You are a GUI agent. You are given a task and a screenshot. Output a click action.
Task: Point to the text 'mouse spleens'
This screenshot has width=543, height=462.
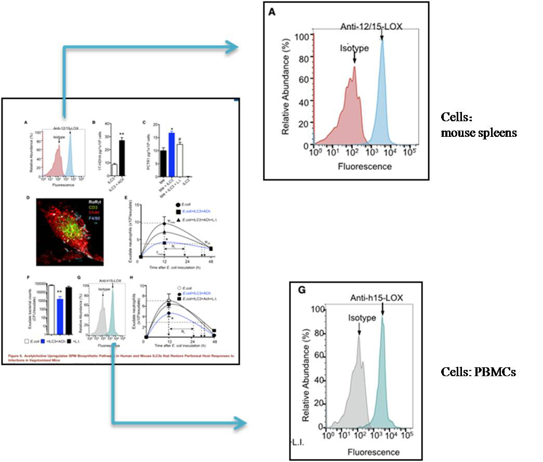click(479, 133)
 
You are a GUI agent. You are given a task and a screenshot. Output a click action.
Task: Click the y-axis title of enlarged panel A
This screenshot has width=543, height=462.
click(286, 91)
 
